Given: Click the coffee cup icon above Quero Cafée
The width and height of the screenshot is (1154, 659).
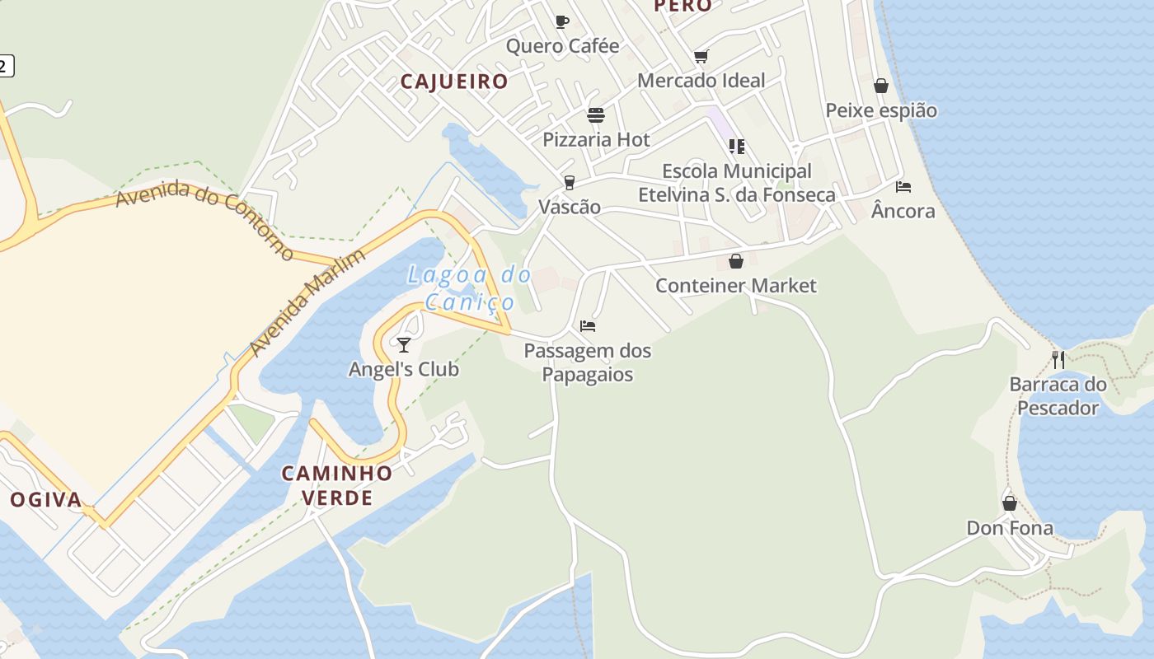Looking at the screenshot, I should coord(562,21).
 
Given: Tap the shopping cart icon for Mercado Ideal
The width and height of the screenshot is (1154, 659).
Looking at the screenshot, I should coord(701,56).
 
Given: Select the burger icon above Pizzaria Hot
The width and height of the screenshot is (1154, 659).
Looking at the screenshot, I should coord(596,115).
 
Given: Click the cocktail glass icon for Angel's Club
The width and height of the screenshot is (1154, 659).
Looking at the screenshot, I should coord(404,344).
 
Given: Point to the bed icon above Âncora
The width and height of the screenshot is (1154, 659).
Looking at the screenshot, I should coord(903,187).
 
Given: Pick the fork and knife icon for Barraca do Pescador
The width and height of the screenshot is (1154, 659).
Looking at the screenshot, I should coord(1058,359).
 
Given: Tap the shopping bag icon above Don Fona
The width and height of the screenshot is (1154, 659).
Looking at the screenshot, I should coord(1010,502).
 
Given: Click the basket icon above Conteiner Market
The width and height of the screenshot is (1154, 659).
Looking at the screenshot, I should coord(736,261).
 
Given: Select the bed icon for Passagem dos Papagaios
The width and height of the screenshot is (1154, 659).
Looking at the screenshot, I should coord(588,326).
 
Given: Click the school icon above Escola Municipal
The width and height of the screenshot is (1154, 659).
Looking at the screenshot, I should coord(737,147).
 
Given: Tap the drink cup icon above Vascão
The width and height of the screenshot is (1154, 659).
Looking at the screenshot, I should coord(569,182).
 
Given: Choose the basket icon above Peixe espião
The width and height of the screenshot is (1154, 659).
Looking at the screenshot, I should coord(881,86).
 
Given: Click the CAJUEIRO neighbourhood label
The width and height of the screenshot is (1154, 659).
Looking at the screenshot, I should coord(454,82).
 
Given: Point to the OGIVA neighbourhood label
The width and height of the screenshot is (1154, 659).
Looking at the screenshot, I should coord(46,499).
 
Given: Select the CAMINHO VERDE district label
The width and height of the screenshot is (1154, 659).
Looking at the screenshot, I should coord(337,485).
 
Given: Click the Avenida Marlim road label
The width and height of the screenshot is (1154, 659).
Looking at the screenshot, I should coord(307,303).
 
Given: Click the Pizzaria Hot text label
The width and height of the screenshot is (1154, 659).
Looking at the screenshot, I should coord(596,139).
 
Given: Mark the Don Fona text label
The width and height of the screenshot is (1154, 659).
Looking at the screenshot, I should coord(1010,528).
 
